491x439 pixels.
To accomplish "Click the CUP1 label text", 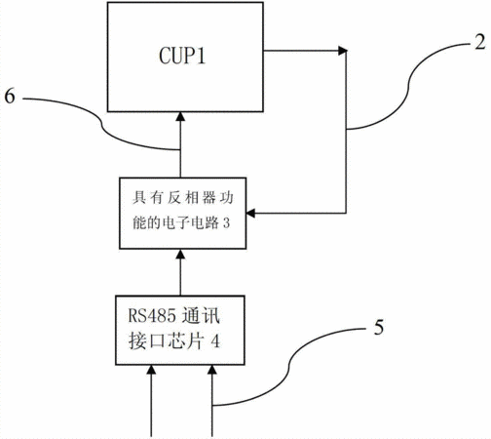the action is tap(182, 56).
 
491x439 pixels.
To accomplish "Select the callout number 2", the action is tap(479, 42).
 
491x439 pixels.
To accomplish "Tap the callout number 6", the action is tap(10, 96).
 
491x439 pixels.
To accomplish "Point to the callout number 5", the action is tap(379, 327).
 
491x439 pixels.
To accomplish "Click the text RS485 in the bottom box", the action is tap(152, 315).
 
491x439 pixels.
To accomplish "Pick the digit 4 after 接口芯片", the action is tap(215, 341).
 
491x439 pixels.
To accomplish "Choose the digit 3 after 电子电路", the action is tap(226, 223).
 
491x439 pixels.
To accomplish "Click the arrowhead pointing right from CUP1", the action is tap(343, 51).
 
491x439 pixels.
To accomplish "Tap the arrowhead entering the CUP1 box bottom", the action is tap(180, 116).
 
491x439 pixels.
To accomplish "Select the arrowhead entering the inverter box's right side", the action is tap(250, 214).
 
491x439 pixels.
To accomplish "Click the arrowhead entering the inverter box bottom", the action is tap(180, 254).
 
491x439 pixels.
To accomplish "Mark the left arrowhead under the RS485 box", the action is tap(151, 370).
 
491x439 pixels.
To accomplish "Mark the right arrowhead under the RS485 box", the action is tap(212, 370).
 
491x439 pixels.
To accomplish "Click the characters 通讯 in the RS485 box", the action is tap(201, 315).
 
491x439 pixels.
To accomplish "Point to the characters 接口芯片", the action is tap(167, 341).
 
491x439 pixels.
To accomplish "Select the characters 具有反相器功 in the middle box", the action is tap(183, 198).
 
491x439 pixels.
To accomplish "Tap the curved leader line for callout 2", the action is tap(408, 85).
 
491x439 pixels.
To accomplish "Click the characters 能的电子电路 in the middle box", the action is tap(175, 223).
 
